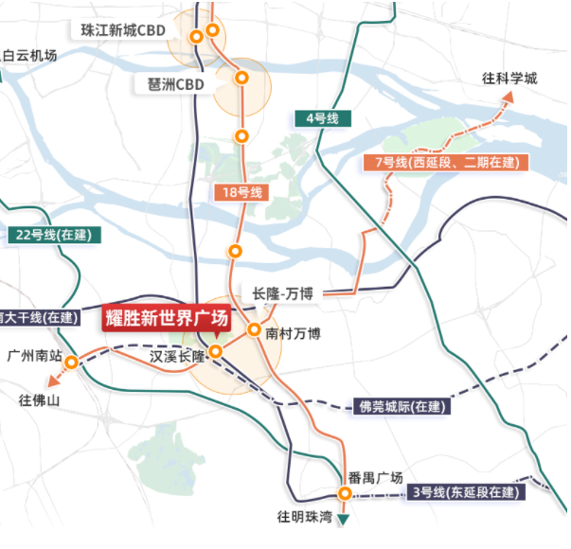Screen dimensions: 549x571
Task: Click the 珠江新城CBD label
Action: tap(123, 29)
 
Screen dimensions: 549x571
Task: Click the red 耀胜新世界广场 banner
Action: tap(167, 316)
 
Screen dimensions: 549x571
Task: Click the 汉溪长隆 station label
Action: tap(177, 357)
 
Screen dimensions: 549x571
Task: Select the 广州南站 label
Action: tap(34, 357)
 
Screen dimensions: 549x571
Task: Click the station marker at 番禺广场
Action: tap(345, 493)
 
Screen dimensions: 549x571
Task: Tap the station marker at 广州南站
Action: tap(71, 361)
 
